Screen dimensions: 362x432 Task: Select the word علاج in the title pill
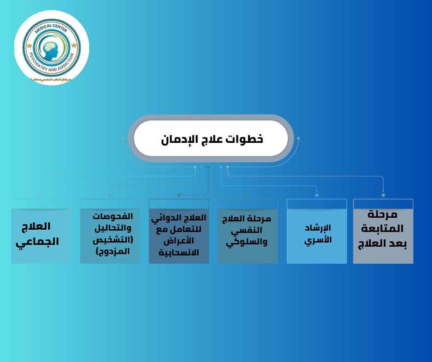(x=211, y=139)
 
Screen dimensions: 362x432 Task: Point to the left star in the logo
(x=29, y=46)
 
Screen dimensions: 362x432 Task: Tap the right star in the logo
(x=74, y=45)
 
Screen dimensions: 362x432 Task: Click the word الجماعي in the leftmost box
(x=38, y=241)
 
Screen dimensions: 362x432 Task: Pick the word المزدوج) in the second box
(x=113, y=251)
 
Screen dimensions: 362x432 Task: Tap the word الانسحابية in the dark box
(x=179, y=253)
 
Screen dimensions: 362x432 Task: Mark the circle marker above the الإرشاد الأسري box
(x=317, y=195)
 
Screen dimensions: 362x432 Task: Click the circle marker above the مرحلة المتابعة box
(x=383, y=195)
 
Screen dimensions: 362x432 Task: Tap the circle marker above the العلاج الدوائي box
(x=179, y=195)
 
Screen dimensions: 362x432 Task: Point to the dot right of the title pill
(x=298, y=138)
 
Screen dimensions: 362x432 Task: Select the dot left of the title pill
(x=124, y=138)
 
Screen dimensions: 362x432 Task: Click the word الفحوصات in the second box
(x=113, y=216)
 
